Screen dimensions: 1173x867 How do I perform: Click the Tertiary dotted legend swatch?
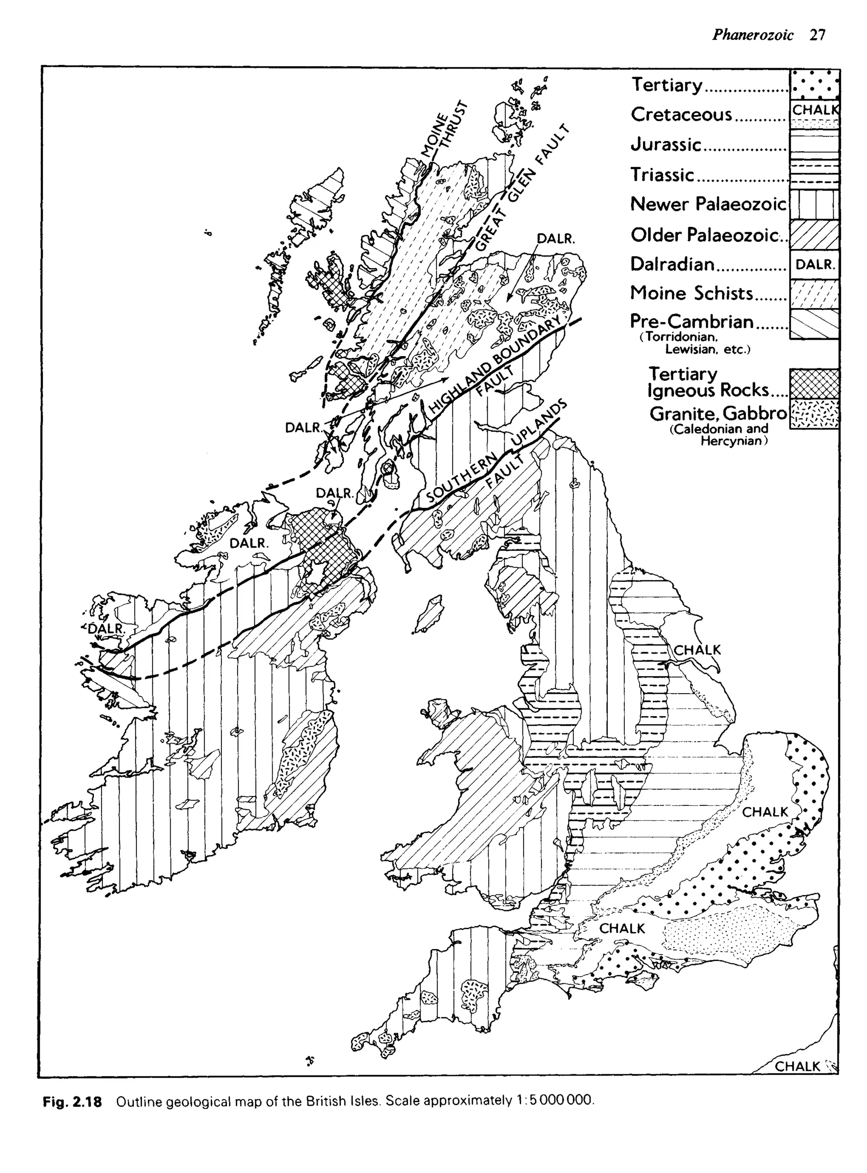pos(815,85)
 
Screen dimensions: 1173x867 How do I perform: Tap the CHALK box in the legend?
pos(815,110)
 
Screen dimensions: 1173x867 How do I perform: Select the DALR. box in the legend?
pos(815,265)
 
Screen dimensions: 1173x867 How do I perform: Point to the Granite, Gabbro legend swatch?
pos(815,414)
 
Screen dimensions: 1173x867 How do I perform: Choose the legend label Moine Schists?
pos(691,293)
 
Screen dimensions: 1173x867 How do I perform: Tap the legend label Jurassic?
pos(666,144)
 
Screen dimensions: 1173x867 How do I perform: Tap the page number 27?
pos(817,35)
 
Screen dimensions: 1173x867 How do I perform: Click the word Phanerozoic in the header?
pos(753,35)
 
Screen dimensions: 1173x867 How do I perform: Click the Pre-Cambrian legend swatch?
pos(815,324)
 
